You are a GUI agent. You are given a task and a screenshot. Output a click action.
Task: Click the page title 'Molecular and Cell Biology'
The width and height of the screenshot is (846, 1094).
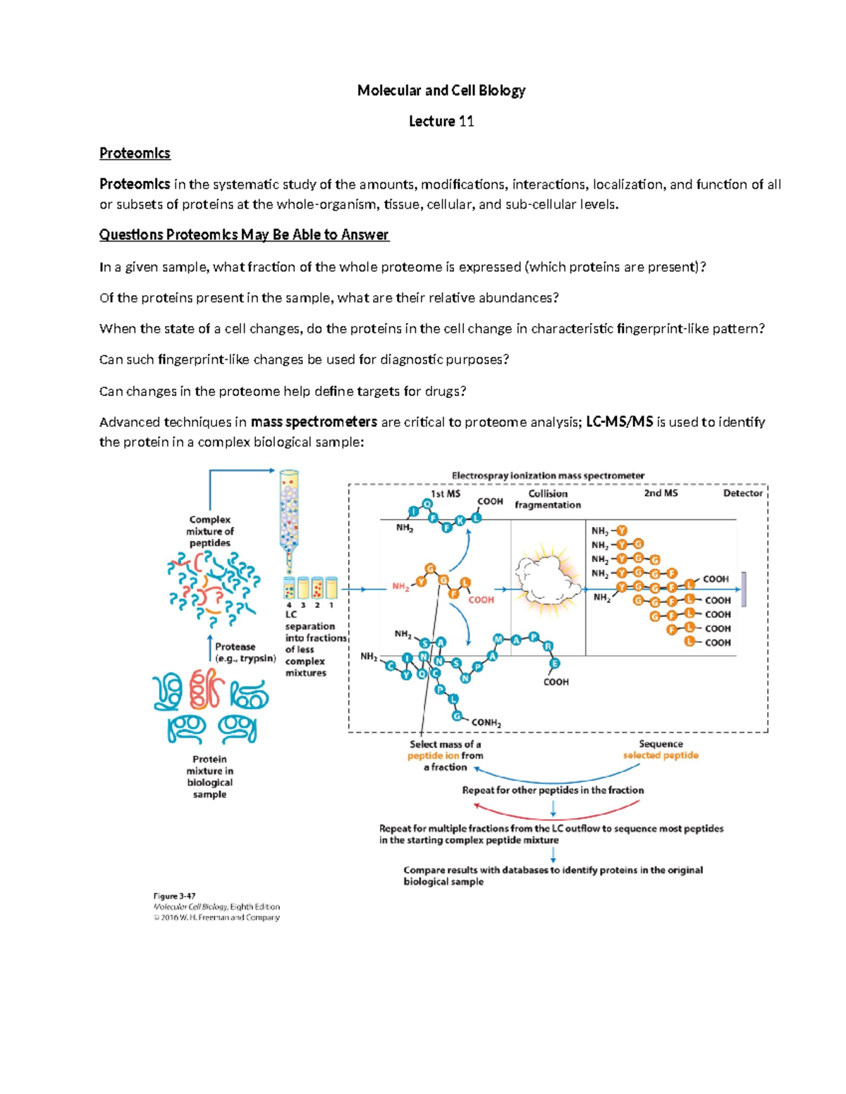click(x=441, y=90)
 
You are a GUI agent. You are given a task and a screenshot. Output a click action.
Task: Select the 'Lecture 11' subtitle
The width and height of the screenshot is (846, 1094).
click(x=441, y=121)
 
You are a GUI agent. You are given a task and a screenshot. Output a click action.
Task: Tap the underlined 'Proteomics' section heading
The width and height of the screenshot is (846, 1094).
click(x=135, y=153)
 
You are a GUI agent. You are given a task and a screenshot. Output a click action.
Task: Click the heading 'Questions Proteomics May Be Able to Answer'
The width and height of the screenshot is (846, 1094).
click(x=244, y=235)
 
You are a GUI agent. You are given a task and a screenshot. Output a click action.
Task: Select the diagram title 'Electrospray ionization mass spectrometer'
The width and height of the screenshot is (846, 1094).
click(x=548, y=475)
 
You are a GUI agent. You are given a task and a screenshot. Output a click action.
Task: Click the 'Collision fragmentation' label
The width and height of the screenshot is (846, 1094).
click(x=548, y=499)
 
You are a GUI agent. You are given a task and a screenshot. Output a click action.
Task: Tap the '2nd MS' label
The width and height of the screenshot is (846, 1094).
click(x=661, y=493)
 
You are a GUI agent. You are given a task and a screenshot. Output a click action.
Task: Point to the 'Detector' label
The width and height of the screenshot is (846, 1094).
click(x=742, y=493)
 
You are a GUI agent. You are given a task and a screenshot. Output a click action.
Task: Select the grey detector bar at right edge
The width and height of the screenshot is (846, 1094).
click(x=744, y=589)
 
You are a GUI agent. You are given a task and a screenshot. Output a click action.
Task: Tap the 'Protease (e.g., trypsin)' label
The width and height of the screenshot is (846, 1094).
click(x=245, y=652)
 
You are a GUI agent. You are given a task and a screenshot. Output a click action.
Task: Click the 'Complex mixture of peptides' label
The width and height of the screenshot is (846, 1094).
click(x=209, y=531)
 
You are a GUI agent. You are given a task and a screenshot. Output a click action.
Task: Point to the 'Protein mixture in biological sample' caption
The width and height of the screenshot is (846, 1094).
click(x=209, y=776)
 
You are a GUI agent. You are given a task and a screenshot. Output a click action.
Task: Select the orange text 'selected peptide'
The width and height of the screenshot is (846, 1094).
click(x=661, y=755)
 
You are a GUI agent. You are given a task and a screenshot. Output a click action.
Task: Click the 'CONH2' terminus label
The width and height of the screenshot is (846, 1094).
click(x=486, y=723)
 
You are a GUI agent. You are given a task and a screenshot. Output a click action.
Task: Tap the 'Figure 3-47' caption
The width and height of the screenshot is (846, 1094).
click(x=174, y=896)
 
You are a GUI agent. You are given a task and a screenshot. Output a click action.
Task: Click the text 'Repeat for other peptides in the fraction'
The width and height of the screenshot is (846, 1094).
click(x=553, y=790)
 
